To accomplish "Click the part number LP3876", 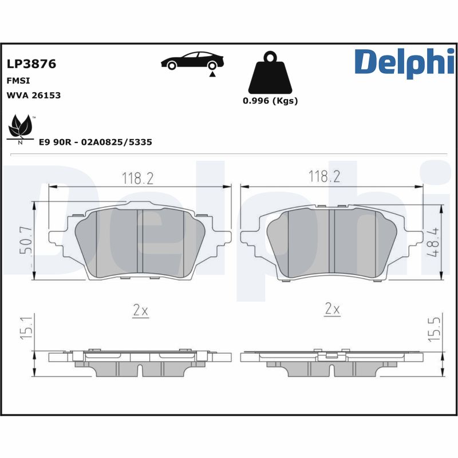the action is point(31,64).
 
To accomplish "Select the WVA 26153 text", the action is point(34,95).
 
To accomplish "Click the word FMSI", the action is point(18,81).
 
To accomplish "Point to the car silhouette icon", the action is point(192,61).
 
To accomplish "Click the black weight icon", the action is point(270,72).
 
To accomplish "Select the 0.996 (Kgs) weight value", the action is point(270,101).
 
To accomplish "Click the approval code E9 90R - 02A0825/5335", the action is point(96,142).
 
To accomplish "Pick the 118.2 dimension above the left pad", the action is point(137,178).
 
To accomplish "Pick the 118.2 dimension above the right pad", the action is point(324,176).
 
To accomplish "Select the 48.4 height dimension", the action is point(433,242).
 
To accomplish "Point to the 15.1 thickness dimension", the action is point(26,326).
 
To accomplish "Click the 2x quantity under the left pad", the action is point(140,310).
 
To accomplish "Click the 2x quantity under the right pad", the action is point(333,309).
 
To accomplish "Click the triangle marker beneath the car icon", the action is point(212,74).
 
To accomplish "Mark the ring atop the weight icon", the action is point(270,56).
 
